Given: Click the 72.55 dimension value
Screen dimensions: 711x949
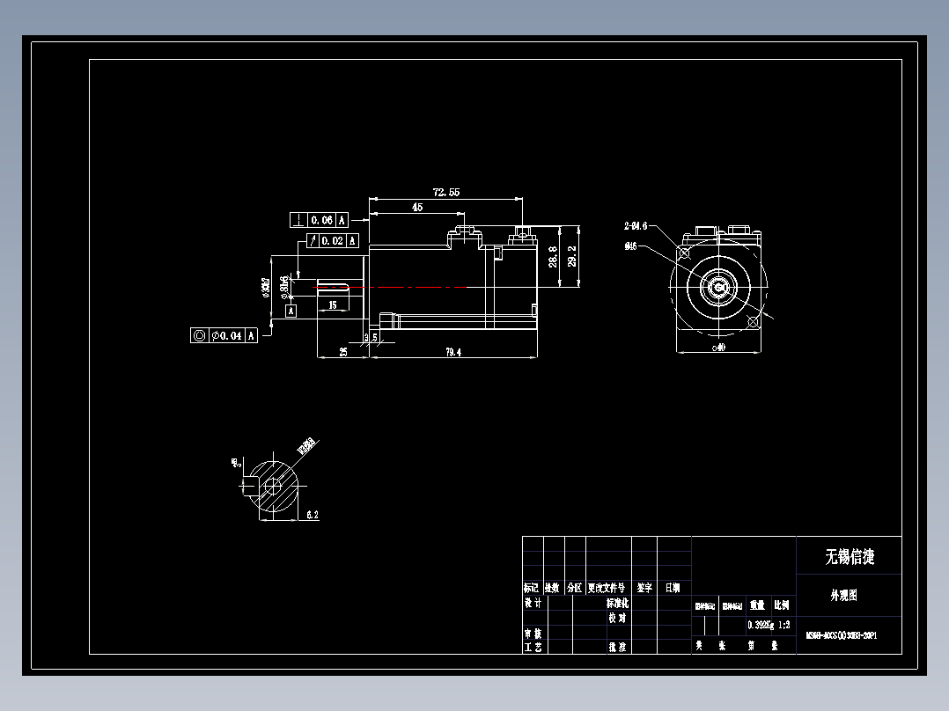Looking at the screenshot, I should [x=445, y=192].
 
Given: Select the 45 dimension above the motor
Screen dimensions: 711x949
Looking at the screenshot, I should [x=416, y=207].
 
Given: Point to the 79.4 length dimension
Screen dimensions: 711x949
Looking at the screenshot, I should [x=452, y=353].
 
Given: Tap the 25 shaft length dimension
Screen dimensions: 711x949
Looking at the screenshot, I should [x=342, y=352].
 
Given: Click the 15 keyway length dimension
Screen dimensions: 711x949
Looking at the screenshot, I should [x=332, y=304].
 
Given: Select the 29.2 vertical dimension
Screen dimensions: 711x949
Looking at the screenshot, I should [x=572, y=256].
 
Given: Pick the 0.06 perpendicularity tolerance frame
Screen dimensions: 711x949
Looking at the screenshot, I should [x=319, y=220].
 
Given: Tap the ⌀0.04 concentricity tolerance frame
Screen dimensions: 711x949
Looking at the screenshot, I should [x=224, y=335].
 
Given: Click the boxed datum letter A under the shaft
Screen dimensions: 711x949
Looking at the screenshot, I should [x=291, y=311].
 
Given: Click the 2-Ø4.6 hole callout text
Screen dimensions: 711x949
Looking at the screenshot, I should [x=636, y=226].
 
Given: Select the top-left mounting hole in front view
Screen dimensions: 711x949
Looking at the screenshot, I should [x=684, y=252].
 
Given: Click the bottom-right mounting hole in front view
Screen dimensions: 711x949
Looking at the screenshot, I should [x=752, y=322].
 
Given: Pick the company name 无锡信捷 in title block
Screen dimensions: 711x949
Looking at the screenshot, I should [x=849, y=557].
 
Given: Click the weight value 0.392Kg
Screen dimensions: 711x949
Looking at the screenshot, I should [x=761, y=625].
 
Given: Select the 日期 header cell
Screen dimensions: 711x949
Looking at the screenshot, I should [x=673, y=587].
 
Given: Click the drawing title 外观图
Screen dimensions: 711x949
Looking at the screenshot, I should [x=842, y=596].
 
